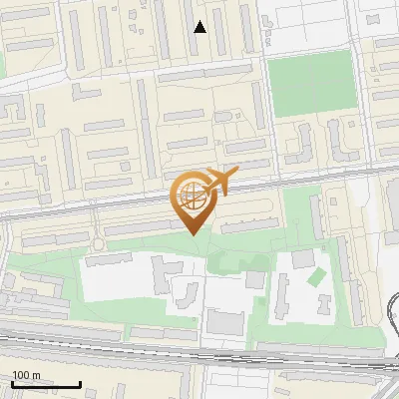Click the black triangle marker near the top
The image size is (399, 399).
[x=199, y=27]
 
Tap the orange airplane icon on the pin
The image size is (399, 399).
[x=221, y=181]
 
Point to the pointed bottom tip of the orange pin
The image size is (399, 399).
[x=192, y=233]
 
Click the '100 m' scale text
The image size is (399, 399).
[x=27, y=375]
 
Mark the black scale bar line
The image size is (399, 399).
[x=46, y=384]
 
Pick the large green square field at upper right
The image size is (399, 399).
[x=311, y=83]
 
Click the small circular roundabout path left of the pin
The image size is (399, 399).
[x=99, y=245]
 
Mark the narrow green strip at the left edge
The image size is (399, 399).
[x=2, y=65]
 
